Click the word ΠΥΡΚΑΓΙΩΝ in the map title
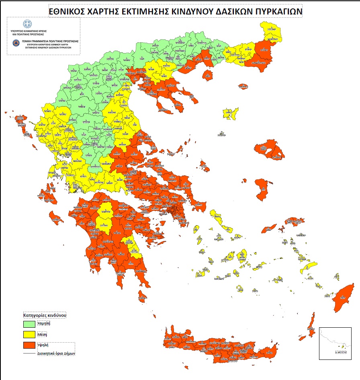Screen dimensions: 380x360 [278, 12]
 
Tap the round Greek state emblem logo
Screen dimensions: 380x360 [27, 24]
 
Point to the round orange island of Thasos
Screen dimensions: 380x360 [207, 75]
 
